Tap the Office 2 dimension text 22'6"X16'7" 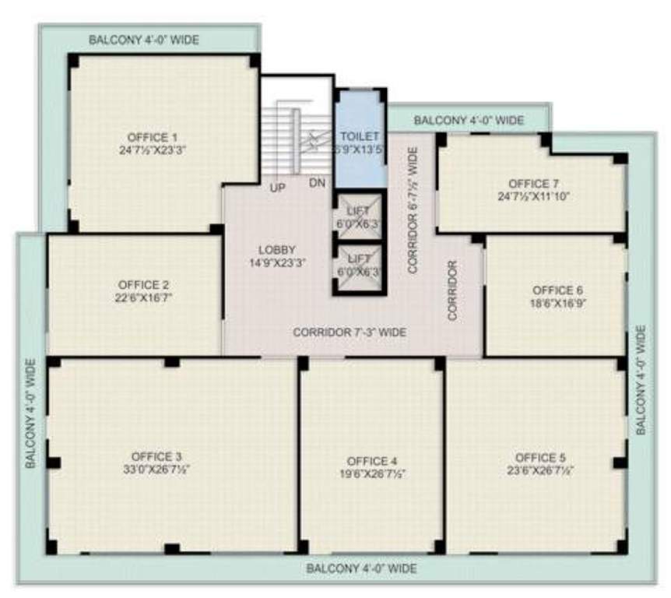coord(142,298)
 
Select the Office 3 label coord(156,456)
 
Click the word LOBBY coord(276,250)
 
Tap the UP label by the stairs coord(276,188)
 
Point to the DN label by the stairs coord(316,183)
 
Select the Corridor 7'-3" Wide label coord(350,332)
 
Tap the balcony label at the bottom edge coord(361,568)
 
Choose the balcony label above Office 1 coord(143,39)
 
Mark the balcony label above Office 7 coord(469,120)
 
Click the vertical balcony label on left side coord(31,413)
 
